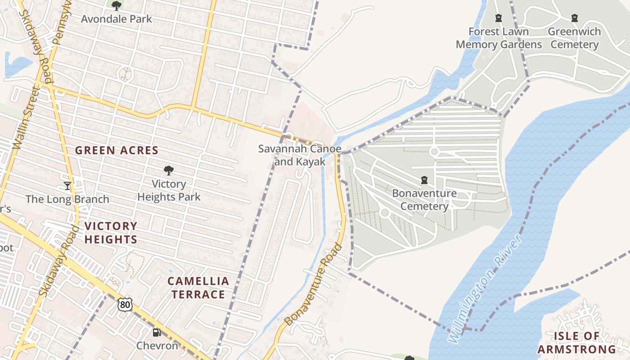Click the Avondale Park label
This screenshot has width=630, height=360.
pos(117,19)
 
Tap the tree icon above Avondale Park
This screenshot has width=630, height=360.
pos(117,6)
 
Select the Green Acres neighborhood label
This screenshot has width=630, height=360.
pos(117,150)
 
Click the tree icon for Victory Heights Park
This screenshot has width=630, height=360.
pos(169,171)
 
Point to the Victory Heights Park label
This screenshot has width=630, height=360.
pos(169,190)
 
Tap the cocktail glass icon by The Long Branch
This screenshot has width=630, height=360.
pos(67,185)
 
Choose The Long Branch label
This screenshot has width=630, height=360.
pos(67,199)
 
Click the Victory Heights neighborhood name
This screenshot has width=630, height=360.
pos(111,233)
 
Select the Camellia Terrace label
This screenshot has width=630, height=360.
pos(198,288)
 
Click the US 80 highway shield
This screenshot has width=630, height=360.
pos(126,305)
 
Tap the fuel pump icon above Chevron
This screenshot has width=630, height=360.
pos(157,333)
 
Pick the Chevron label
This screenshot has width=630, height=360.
pos(157,346)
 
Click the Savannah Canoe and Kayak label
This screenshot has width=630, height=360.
pos(300,155)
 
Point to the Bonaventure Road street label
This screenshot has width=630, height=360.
pos(314,285)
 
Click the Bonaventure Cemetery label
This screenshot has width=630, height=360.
pos(424,200)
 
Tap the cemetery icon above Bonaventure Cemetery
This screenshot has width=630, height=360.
pos(424,180)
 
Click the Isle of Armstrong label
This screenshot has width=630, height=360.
pos(576,342)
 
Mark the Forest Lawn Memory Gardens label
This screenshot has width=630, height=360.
pos(499,38)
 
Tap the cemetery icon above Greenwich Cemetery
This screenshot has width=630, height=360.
pos(575,18)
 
